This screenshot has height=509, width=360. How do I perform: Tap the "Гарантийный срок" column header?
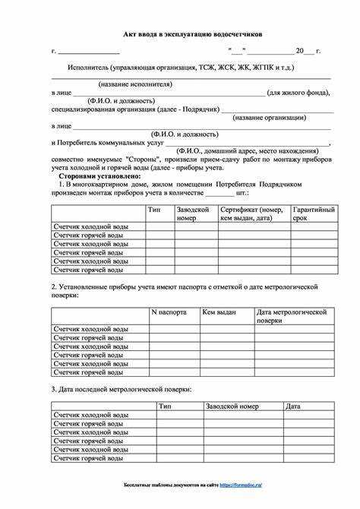[314, 213]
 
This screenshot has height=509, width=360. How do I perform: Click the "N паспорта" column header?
[169, 312]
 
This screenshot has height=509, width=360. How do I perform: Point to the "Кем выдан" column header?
[219, 312]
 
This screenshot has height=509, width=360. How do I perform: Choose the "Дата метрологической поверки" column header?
[292, 316]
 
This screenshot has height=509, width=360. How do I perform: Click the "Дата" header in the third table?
[293, 406]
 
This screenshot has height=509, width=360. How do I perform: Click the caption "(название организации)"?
[270, 118]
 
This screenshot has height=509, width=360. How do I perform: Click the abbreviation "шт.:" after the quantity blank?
[243, 193]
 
